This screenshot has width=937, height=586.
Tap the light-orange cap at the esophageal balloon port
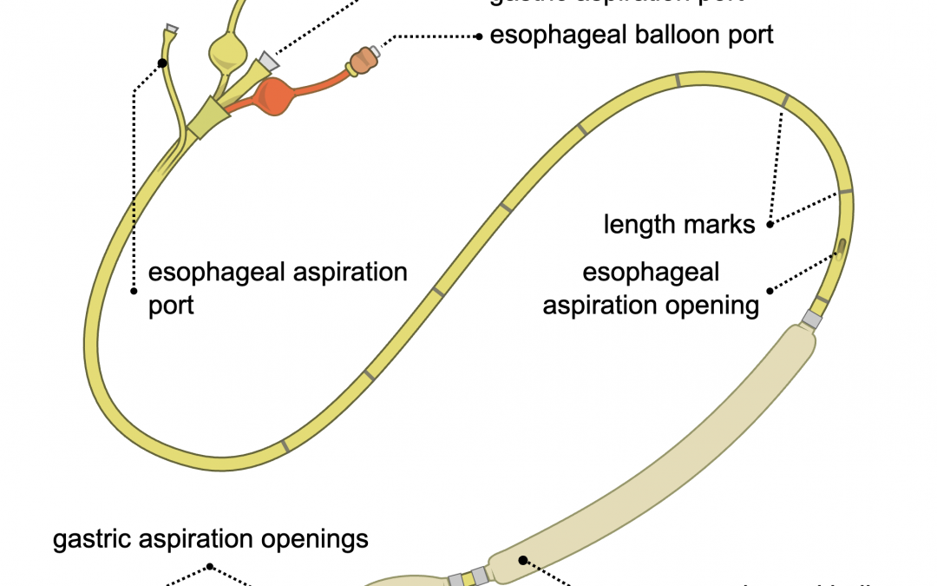pos(363,60)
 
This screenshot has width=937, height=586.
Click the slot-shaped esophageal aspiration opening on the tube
pos(842,250)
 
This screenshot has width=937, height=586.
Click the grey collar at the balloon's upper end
pos(812,319)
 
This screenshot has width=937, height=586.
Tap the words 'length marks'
pos(679,225)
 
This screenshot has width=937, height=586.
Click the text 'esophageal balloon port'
pos(632,36)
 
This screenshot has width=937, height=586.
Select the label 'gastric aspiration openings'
pos(211,539)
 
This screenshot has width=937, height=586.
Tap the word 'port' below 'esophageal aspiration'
pos(171,306)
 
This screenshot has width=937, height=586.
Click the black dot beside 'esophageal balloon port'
pos(478,36)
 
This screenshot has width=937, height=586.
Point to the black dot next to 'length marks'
pos(770,224)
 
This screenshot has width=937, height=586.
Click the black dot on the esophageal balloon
pos(522,560)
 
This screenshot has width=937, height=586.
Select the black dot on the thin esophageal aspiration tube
pos(162,63)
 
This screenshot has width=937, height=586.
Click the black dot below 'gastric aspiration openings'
pos(211,569)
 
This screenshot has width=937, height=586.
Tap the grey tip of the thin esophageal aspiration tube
pos(172,29)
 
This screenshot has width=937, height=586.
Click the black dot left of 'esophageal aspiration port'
pos(134,290)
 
